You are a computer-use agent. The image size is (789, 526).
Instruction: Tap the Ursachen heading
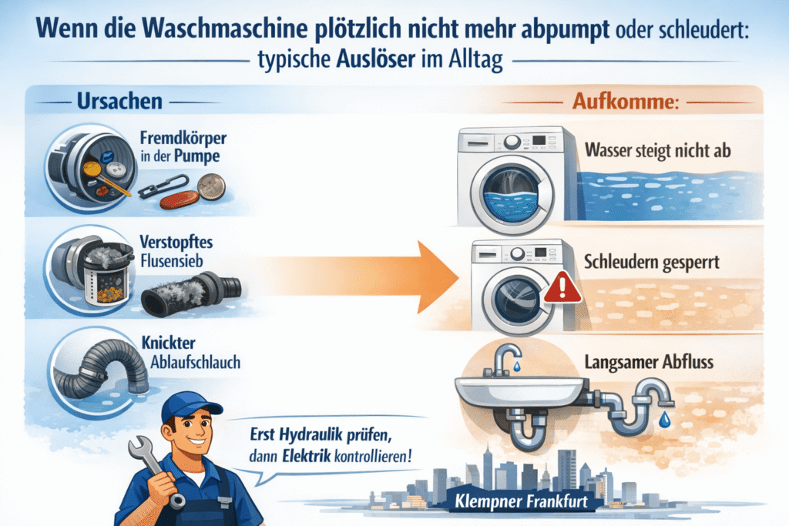[119, 102]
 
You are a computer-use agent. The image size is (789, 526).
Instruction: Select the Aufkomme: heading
[626, 102]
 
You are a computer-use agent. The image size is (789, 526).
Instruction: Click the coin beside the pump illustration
[211, 186]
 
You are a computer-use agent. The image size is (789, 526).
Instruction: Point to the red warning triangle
[562, 288]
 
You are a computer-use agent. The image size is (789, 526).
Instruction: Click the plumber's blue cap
[190, 407]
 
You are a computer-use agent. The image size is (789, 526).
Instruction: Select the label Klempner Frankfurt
[522, 501]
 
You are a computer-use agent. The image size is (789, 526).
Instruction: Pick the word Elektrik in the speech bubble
[307, 456]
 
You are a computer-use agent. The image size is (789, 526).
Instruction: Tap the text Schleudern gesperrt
[652, 262]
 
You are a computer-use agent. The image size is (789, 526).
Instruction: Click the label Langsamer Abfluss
[649, 362]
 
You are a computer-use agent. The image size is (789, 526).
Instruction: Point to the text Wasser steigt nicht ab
[658, 150]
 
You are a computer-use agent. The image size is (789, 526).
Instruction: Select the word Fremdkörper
[183, 137]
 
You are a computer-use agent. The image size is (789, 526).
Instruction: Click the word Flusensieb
[172, 261]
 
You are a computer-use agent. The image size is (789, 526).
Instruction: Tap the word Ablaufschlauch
[195, 362]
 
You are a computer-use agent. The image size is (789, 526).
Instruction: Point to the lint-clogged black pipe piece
[191, 295]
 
